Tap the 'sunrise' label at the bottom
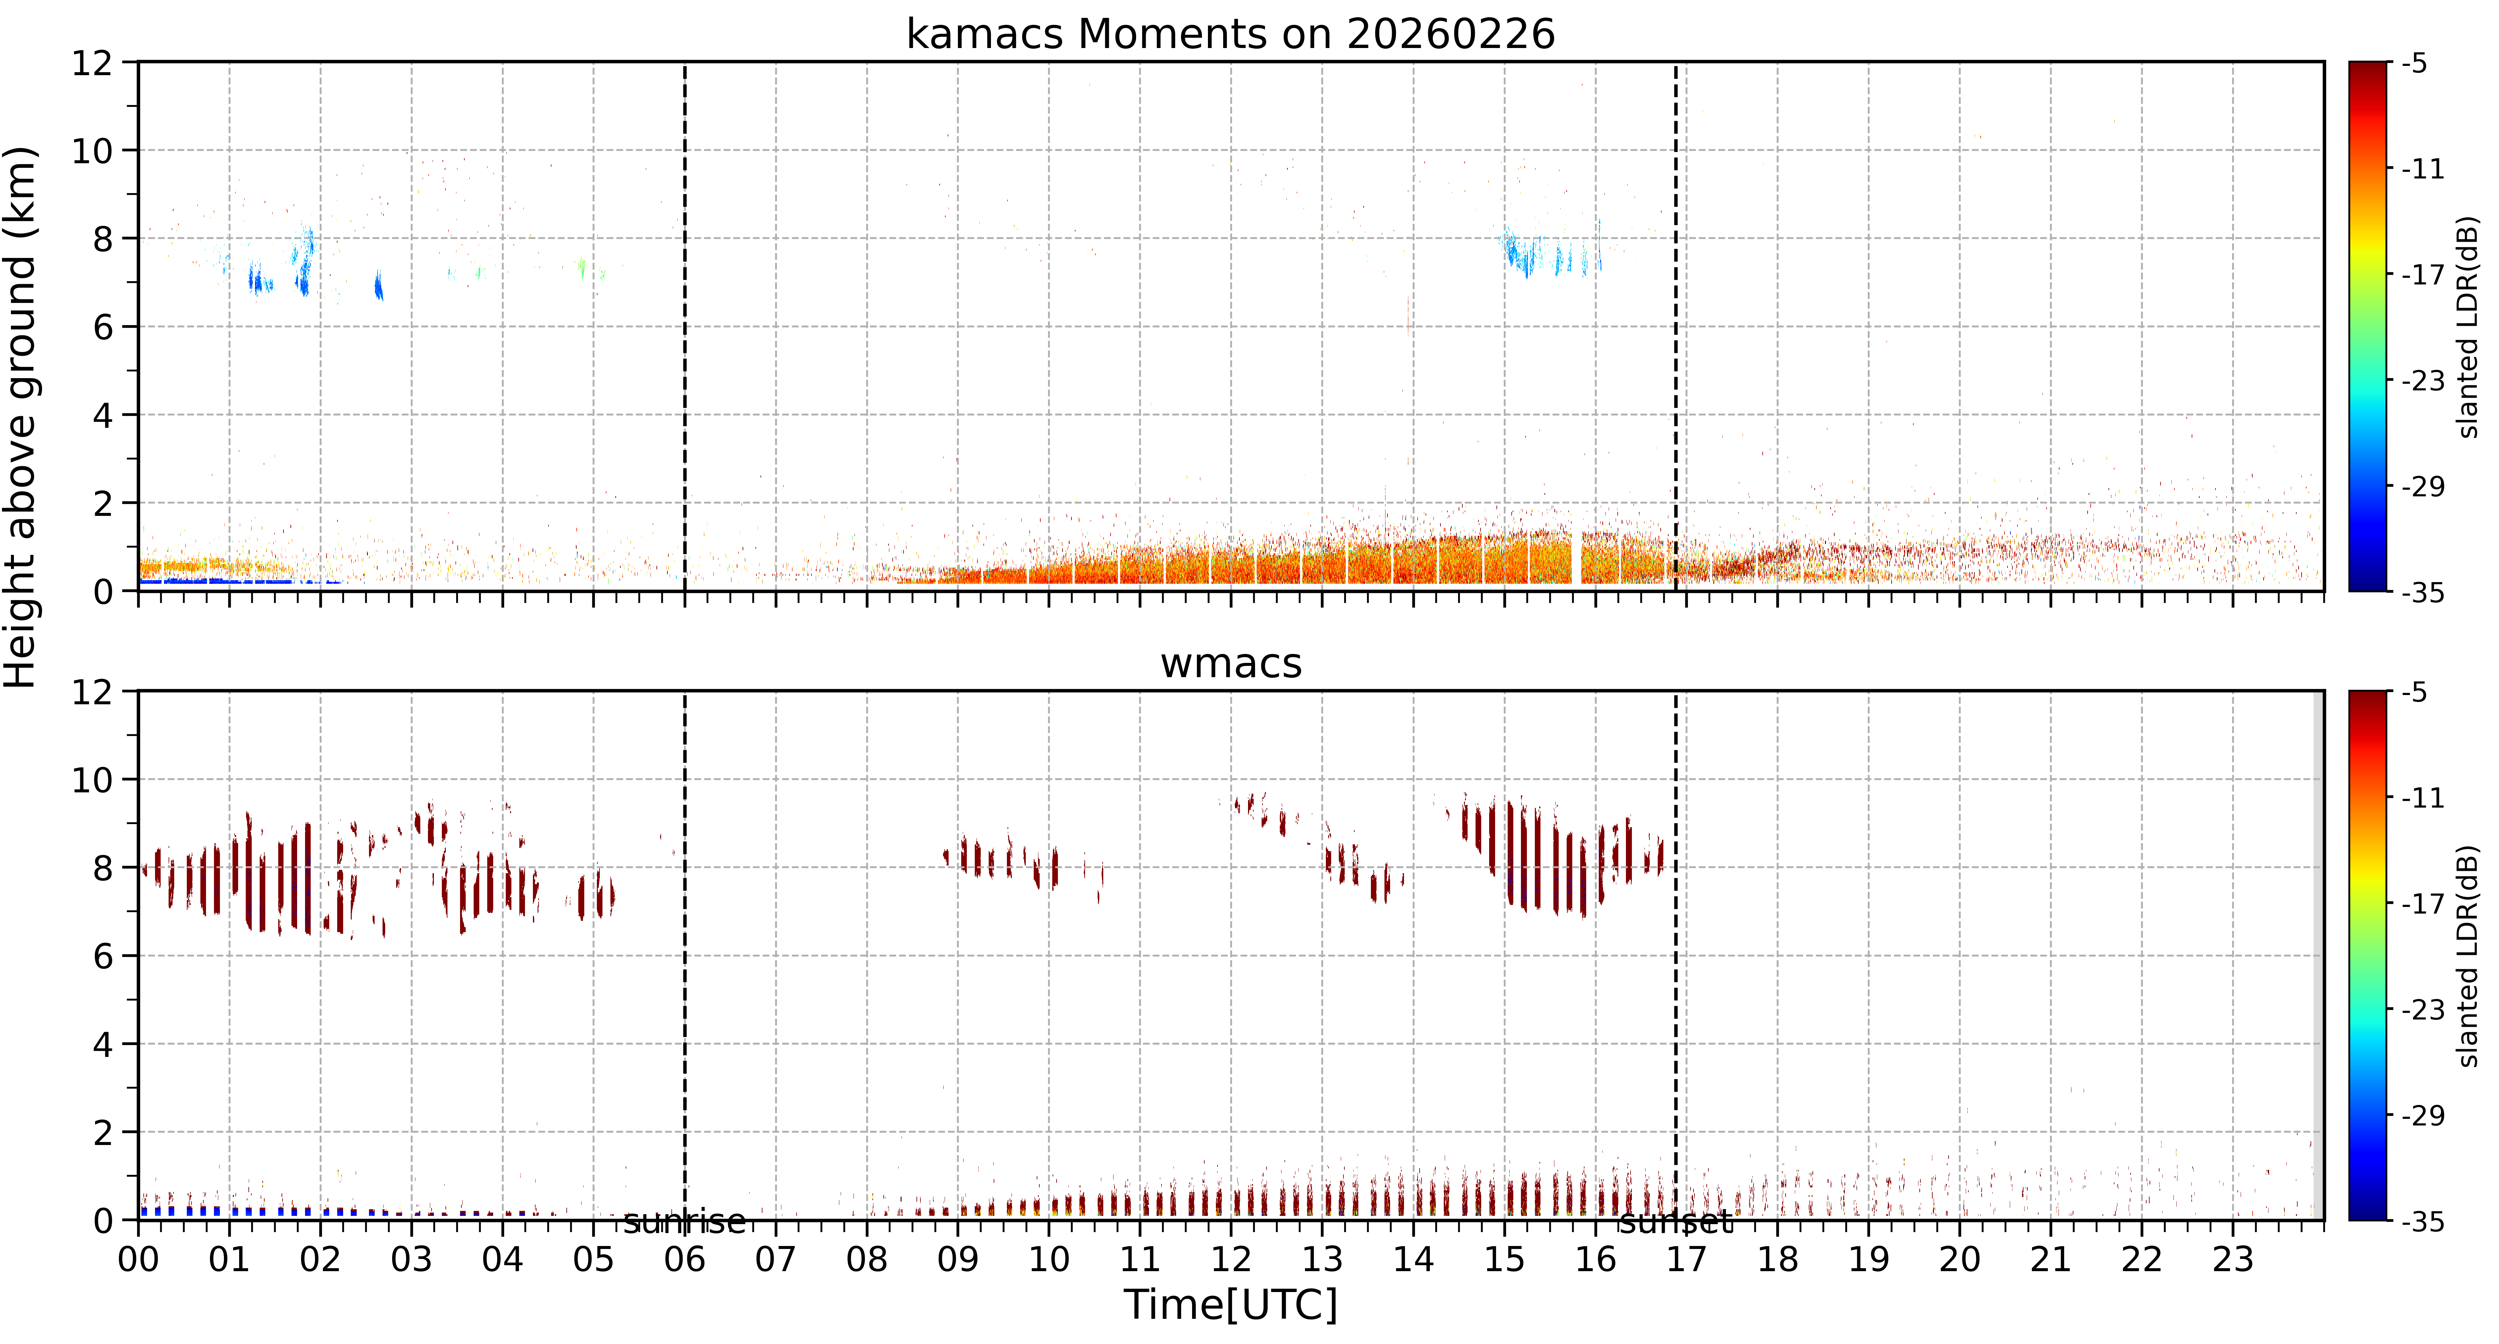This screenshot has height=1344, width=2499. click(685, 1222)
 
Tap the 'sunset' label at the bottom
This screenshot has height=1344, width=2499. click(1675, 1222)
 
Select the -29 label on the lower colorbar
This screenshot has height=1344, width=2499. click(2423, 1116)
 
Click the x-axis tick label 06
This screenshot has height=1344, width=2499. click(685, 1260)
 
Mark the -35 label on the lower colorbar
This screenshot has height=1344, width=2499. click(2423, 1222)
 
